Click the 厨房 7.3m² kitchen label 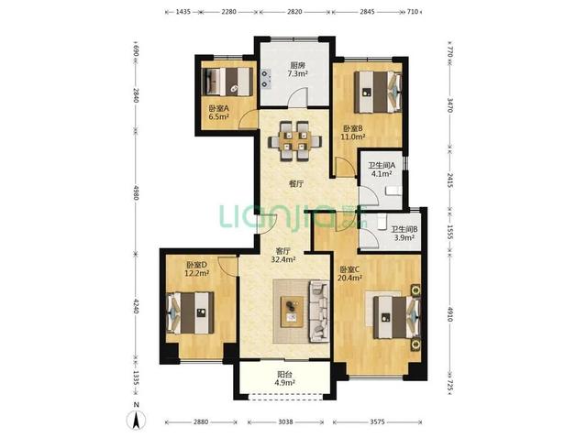tap(297, 70)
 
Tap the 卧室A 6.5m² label tap(218, 112)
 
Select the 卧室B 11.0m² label tap(352, 133)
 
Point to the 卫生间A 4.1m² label tap(382, 170)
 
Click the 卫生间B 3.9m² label tap(404, 234)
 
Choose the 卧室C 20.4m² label tap(349, 273)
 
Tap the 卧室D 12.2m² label tap(196, 268)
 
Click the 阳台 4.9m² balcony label tap(285, 378)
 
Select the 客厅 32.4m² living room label tap(282, 255)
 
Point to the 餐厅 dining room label tap(295, 183)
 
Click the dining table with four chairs tap(294, 140)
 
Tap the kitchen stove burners tap(265, 78)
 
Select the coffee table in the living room tap(293, 312)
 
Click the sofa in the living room tap(319, 312)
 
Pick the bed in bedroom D tap(190, 312)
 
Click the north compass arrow tap(137, 420)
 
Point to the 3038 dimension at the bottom tap(285, 422)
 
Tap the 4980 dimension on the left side tap(136, 192)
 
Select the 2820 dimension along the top tap(294, 12)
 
